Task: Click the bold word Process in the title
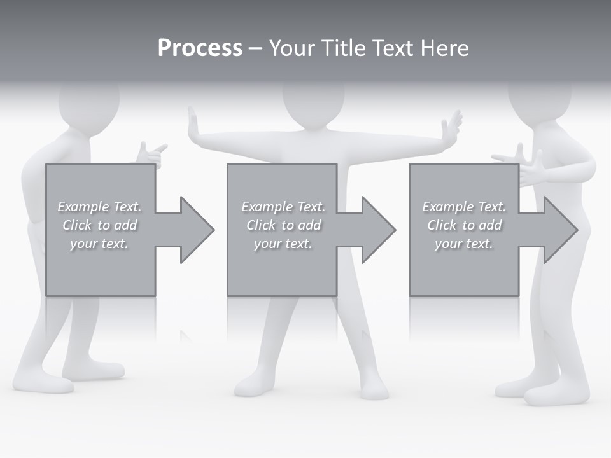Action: coord(200,48)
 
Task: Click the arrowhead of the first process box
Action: coord(196,230)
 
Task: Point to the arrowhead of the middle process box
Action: coord(377,230)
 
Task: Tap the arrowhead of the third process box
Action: coord(559,230)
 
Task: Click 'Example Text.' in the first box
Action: coord(99,207)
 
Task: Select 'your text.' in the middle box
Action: coord(283,244)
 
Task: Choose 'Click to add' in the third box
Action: coord(464,225)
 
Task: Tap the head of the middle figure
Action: coord(313,102)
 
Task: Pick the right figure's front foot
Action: coord(547,394)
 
